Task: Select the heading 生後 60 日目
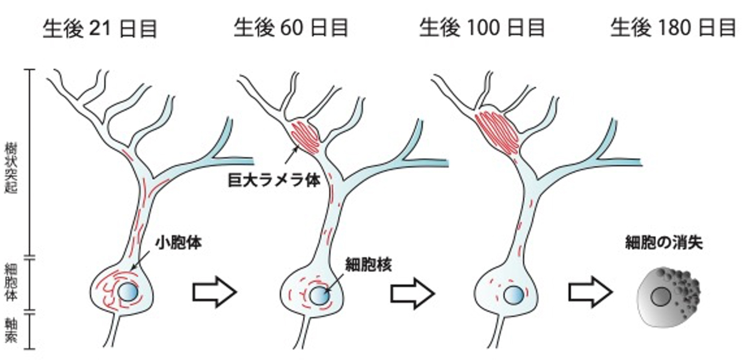pyautogui.click(x=291, y=28)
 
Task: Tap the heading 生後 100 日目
pyautogui.click(x=482, y=28)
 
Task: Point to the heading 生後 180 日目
pyautogui.click(x=673, y=28)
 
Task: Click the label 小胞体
pyautogui.click(x=179, y=242)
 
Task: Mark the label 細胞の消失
pyautogui.click(x=664, y=243)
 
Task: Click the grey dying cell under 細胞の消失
pyautogui.click(x=668, y=297)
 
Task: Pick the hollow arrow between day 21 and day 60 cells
pyautogui.click(x=214, y=292)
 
